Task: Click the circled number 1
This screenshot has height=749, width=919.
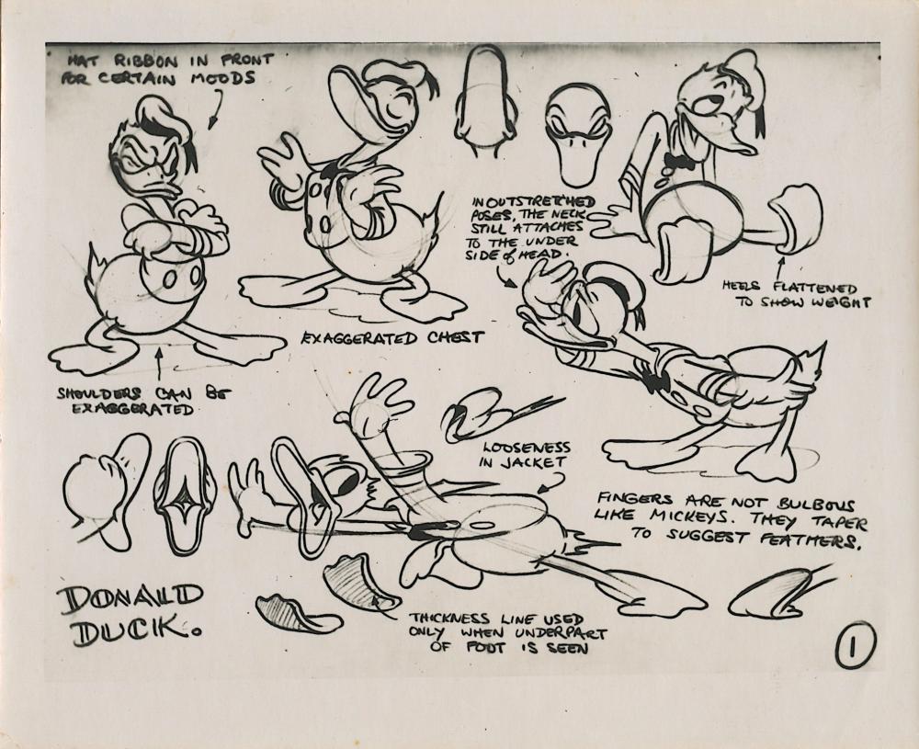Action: click(855, 645)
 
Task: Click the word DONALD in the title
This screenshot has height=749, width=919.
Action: click(131, 598)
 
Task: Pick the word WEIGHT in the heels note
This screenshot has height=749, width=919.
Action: click(841, 302)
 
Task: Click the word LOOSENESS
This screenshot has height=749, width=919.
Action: click(525, 448)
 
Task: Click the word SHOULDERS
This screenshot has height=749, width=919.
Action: click(99, 392)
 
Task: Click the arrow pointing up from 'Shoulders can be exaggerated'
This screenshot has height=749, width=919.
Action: click(159, 364)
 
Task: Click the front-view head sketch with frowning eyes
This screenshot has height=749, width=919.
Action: click(577, 134)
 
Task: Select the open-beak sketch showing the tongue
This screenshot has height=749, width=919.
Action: click(185, 497)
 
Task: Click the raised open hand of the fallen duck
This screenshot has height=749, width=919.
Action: click(374, 403)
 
